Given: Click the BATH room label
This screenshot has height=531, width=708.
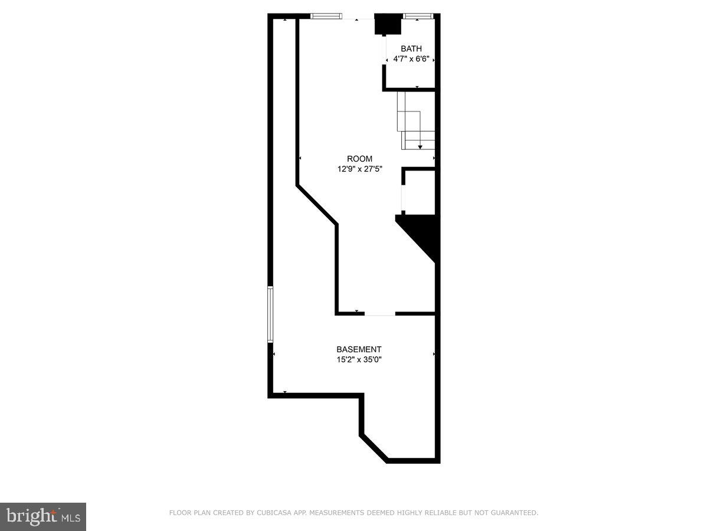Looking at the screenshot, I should (411, 49).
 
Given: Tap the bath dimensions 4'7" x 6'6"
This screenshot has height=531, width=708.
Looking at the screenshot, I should (411, 59).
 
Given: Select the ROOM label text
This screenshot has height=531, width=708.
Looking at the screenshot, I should (359, 159).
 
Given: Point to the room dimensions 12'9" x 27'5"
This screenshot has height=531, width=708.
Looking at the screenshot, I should (359, 169).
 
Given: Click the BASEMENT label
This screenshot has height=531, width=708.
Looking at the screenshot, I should (359, 349).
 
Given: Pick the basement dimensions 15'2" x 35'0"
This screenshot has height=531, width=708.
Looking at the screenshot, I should (359, 359).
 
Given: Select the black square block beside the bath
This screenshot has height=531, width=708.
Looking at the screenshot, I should (388, 24).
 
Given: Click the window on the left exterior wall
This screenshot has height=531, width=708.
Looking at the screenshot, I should (270, 314).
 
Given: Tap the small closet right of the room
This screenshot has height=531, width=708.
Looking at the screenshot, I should (419, 192).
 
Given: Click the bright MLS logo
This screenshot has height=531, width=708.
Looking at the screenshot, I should (43, 516).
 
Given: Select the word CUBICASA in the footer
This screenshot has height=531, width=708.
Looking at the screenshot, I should (273, 513).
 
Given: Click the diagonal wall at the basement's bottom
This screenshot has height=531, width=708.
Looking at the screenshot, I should (374, 448).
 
